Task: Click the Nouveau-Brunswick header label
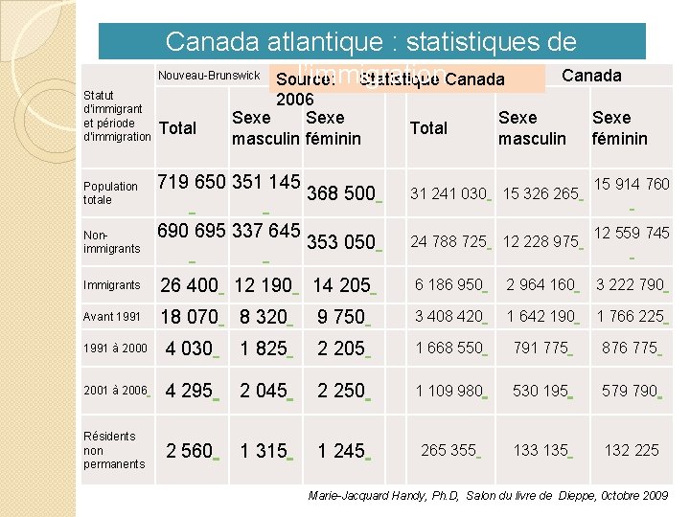pos(209,76)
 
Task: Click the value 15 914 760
pos(632,184)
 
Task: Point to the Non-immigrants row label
pos(111,241)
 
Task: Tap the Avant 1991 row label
pos(111,317)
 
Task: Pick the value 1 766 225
pos(630,317)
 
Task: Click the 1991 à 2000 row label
pos(115,348)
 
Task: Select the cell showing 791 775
pos(540,348)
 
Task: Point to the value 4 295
pos(189,391)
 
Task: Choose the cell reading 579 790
pos(630,391)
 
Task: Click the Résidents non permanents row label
pos(114,450)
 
